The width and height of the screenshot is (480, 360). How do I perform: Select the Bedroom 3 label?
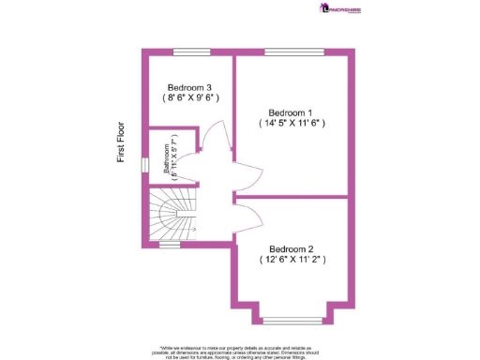(x=188, y=87)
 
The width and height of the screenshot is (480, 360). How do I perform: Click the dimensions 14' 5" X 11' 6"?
(x=292, y=121)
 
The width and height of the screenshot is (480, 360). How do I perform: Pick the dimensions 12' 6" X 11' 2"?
(x=292, y=260)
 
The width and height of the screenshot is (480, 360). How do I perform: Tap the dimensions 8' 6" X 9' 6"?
(x=189, y=97)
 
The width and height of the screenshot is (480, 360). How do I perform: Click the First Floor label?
(x=121, y=141)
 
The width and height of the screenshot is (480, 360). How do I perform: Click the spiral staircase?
(x=171, y=215)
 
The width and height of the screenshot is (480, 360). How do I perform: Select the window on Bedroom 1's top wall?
(x=283, y=51)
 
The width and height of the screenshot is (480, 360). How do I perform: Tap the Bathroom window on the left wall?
(x=144, y=165)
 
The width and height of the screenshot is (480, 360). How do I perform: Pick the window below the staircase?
(x=170, y=245)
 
